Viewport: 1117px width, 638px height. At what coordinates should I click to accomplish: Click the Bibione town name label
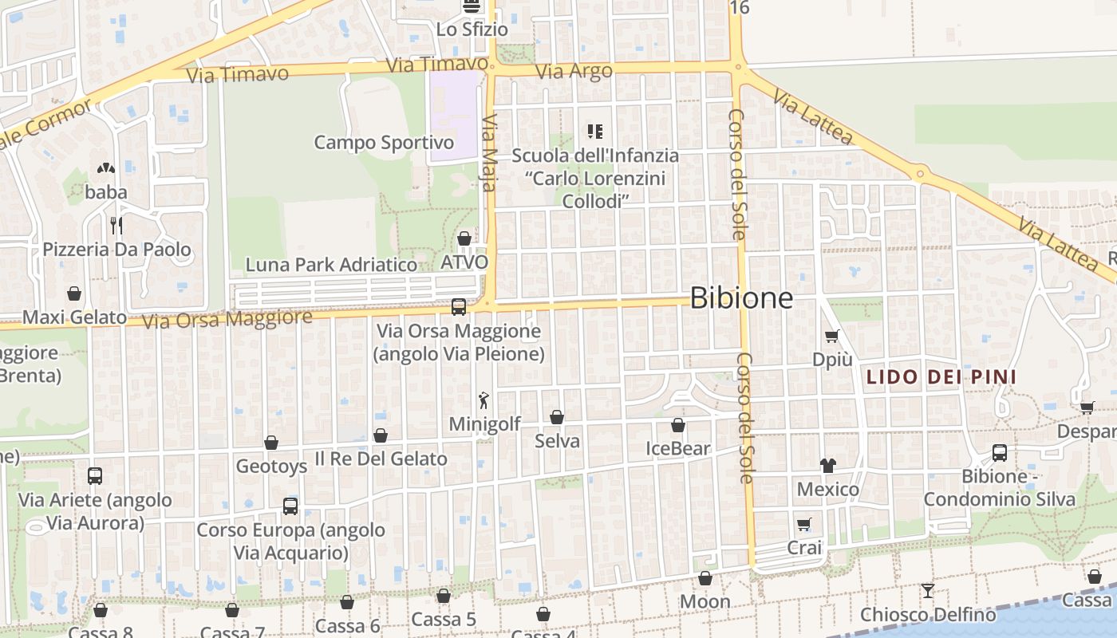(741, 298)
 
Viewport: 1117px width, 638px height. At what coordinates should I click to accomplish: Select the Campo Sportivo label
(384, 143)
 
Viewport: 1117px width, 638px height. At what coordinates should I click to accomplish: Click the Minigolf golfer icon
(484, 400)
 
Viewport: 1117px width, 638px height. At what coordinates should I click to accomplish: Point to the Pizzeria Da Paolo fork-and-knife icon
(116, 226)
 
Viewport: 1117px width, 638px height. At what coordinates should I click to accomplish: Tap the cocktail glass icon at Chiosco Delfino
(927, 591)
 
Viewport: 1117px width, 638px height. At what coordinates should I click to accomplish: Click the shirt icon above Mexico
(827, 466)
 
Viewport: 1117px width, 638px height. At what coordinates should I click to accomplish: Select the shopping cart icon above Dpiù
(832, 337)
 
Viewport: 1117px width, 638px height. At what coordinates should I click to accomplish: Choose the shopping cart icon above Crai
(804, 525)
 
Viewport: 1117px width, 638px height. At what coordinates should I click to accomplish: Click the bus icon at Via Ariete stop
(95, 476)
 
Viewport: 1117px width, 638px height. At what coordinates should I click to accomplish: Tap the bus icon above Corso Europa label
(290, 506)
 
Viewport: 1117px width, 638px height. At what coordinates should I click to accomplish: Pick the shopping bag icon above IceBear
(678, 426)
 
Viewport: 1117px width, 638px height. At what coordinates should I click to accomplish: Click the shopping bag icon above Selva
(557, 417)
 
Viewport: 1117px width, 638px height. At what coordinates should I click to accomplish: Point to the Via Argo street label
(574, 71)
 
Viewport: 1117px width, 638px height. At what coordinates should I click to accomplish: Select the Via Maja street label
(489, 154)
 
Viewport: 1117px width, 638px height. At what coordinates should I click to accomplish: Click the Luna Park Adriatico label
(331, 265)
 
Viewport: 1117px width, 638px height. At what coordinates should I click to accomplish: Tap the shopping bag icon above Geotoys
(271, 443)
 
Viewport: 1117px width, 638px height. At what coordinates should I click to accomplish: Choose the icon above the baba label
(105, 169)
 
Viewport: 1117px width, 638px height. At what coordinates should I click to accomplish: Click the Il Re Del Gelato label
(381, 459)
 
